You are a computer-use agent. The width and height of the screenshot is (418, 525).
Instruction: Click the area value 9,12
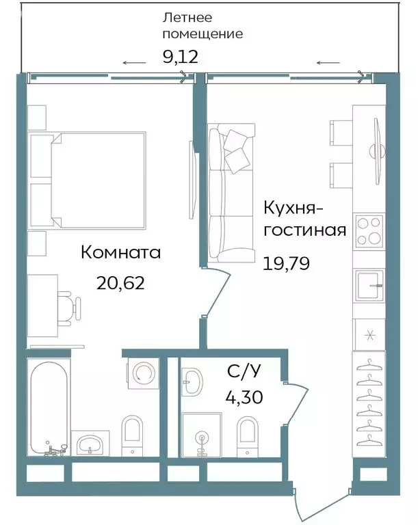point(180,56)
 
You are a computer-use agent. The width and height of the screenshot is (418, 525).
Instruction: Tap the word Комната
point(120,253)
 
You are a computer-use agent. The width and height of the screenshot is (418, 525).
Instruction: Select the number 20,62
point(122,282)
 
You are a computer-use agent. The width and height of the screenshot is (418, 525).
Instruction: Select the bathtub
point(49,406)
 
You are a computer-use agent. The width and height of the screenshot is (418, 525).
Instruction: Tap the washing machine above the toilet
point(144,373)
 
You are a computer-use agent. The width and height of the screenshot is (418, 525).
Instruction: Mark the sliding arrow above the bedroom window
point(134,63)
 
